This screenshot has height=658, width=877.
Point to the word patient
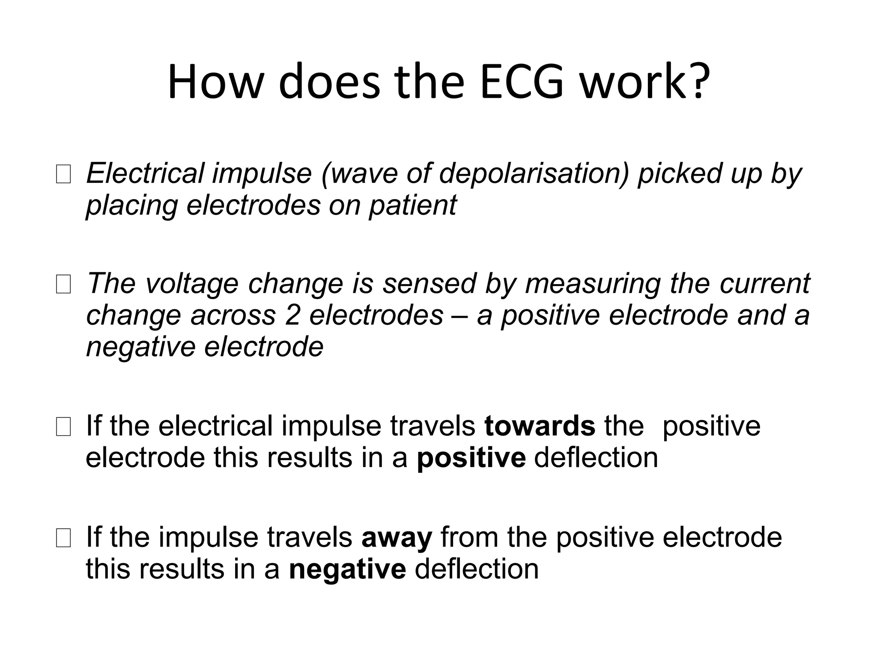[x=413, y=205]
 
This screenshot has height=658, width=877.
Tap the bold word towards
[x=540, y=426]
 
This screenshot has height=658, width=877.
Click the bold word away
[x=397, y=538]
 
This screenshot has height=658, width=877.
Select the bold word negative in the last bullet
[x=347, y=569]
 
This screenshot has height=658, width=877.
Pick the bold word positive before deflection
[x=471, y=458]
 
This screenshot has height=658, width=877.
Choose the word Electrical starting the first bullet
[x=145, y=173]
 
